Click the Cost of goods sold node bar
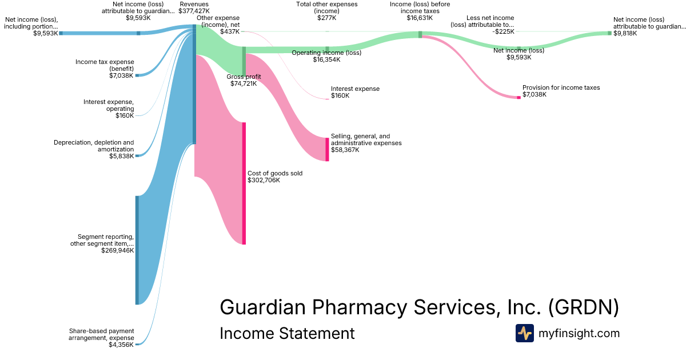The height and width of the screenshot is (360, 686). pos(244,183)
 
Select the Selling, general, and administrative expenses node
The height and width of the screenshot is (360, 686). pos(328,149)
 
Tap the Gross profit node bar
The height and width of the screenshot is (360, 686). pos(244,61)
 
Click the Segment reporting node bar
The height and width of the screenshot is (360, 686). pos(137,250)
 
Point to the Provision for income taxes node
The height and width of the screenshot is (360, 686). pos(519,98)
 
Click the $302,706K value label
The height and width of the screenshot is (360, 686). pos(264,180)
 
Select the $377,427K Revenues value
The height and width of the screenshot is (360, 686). pos(194,11)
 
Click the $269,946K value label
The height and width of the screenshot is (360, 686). pos(117,250)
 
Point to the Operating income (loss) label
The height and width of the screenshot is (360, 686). pos(326,53)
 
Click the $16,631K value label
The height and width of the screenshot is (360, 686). pos(420,18)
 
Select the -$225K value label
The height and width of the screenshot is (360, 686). pos(503,32)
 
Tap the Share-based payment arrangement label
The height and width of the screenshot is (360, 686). pos(102,334)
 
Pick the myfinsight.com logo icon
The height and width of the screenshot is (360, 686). pos(524,333)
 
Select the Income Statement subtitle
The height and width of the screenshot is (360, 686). pos(287,333)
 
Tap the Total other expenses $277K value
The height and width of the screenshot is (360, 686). pos(327,18)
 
